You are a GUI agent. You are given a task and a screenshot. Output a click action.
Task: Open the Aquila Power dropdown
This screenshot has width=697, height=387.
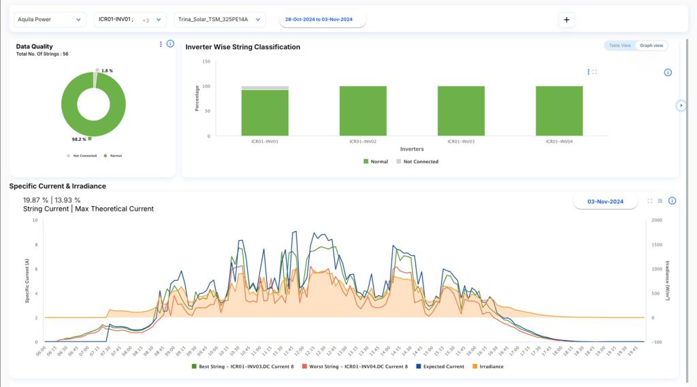click(x=49, y=20)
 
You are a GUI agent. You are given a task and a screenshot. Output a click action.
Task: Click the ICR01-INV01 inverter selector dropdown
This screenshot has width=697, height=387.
click(x=129, y=20)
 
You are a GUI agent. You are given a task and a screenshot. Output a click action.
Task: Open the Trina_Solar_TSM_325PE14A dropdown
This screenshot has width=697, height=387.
click(x=219, y=20)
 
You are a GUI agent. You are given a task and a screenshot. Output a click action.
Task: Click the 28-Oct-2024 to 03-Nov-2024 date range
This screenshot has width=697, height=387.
click(x=323, y=20)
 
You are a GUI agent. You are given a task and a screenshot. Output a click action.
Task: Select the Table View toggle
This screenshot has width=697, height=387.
click(x=619, y=46)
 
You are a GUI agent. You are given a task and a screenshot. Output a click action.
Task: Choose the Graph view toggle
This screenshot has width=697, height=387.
click(x=651, y=46)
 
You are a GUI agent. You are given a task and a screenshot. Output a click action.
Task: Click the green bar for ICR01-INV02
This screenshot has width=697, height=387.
click(x=363, y=111)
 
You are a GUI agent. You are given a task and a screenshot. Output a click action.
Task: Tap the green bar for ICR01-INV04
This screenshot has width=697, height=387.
click(x=559, y=111)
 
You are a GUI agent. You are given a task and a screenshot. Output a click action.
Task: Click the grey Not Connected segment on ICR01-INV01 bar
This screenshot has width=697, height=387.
click(x=265, y=88)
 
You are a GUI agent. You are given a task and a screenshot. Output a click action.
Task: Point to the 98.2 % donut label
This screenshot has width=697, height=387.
click(x=80, y=139)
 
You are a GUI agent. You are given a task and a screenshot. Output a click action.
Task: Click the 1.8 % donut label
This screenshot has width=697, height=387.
click(x=106, y=71)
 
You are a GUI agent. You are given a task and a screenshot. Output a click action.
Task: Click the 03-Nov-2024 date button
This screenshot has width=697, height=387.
click(x=605, y=201)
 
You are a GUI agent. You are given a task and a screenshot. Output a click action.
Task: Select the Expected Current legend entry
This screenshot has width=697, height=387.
click(x=444, y=367)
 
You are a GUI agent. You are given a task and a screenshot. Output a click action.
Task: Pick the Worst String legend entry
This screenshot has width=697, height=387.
click(x=355, y=367)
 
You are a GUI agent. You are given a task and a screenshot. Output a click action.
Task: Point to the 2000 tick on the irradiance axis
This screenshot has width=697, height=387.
click(x=657, y=220)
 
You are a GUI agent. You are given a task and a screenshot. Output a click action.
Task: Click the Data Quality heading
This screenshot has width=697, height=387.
click(x=34, y=46)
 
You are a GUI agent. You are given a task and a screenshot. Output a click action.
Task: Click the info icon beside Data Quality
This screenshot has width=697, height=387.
click(x=170, y=44)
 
